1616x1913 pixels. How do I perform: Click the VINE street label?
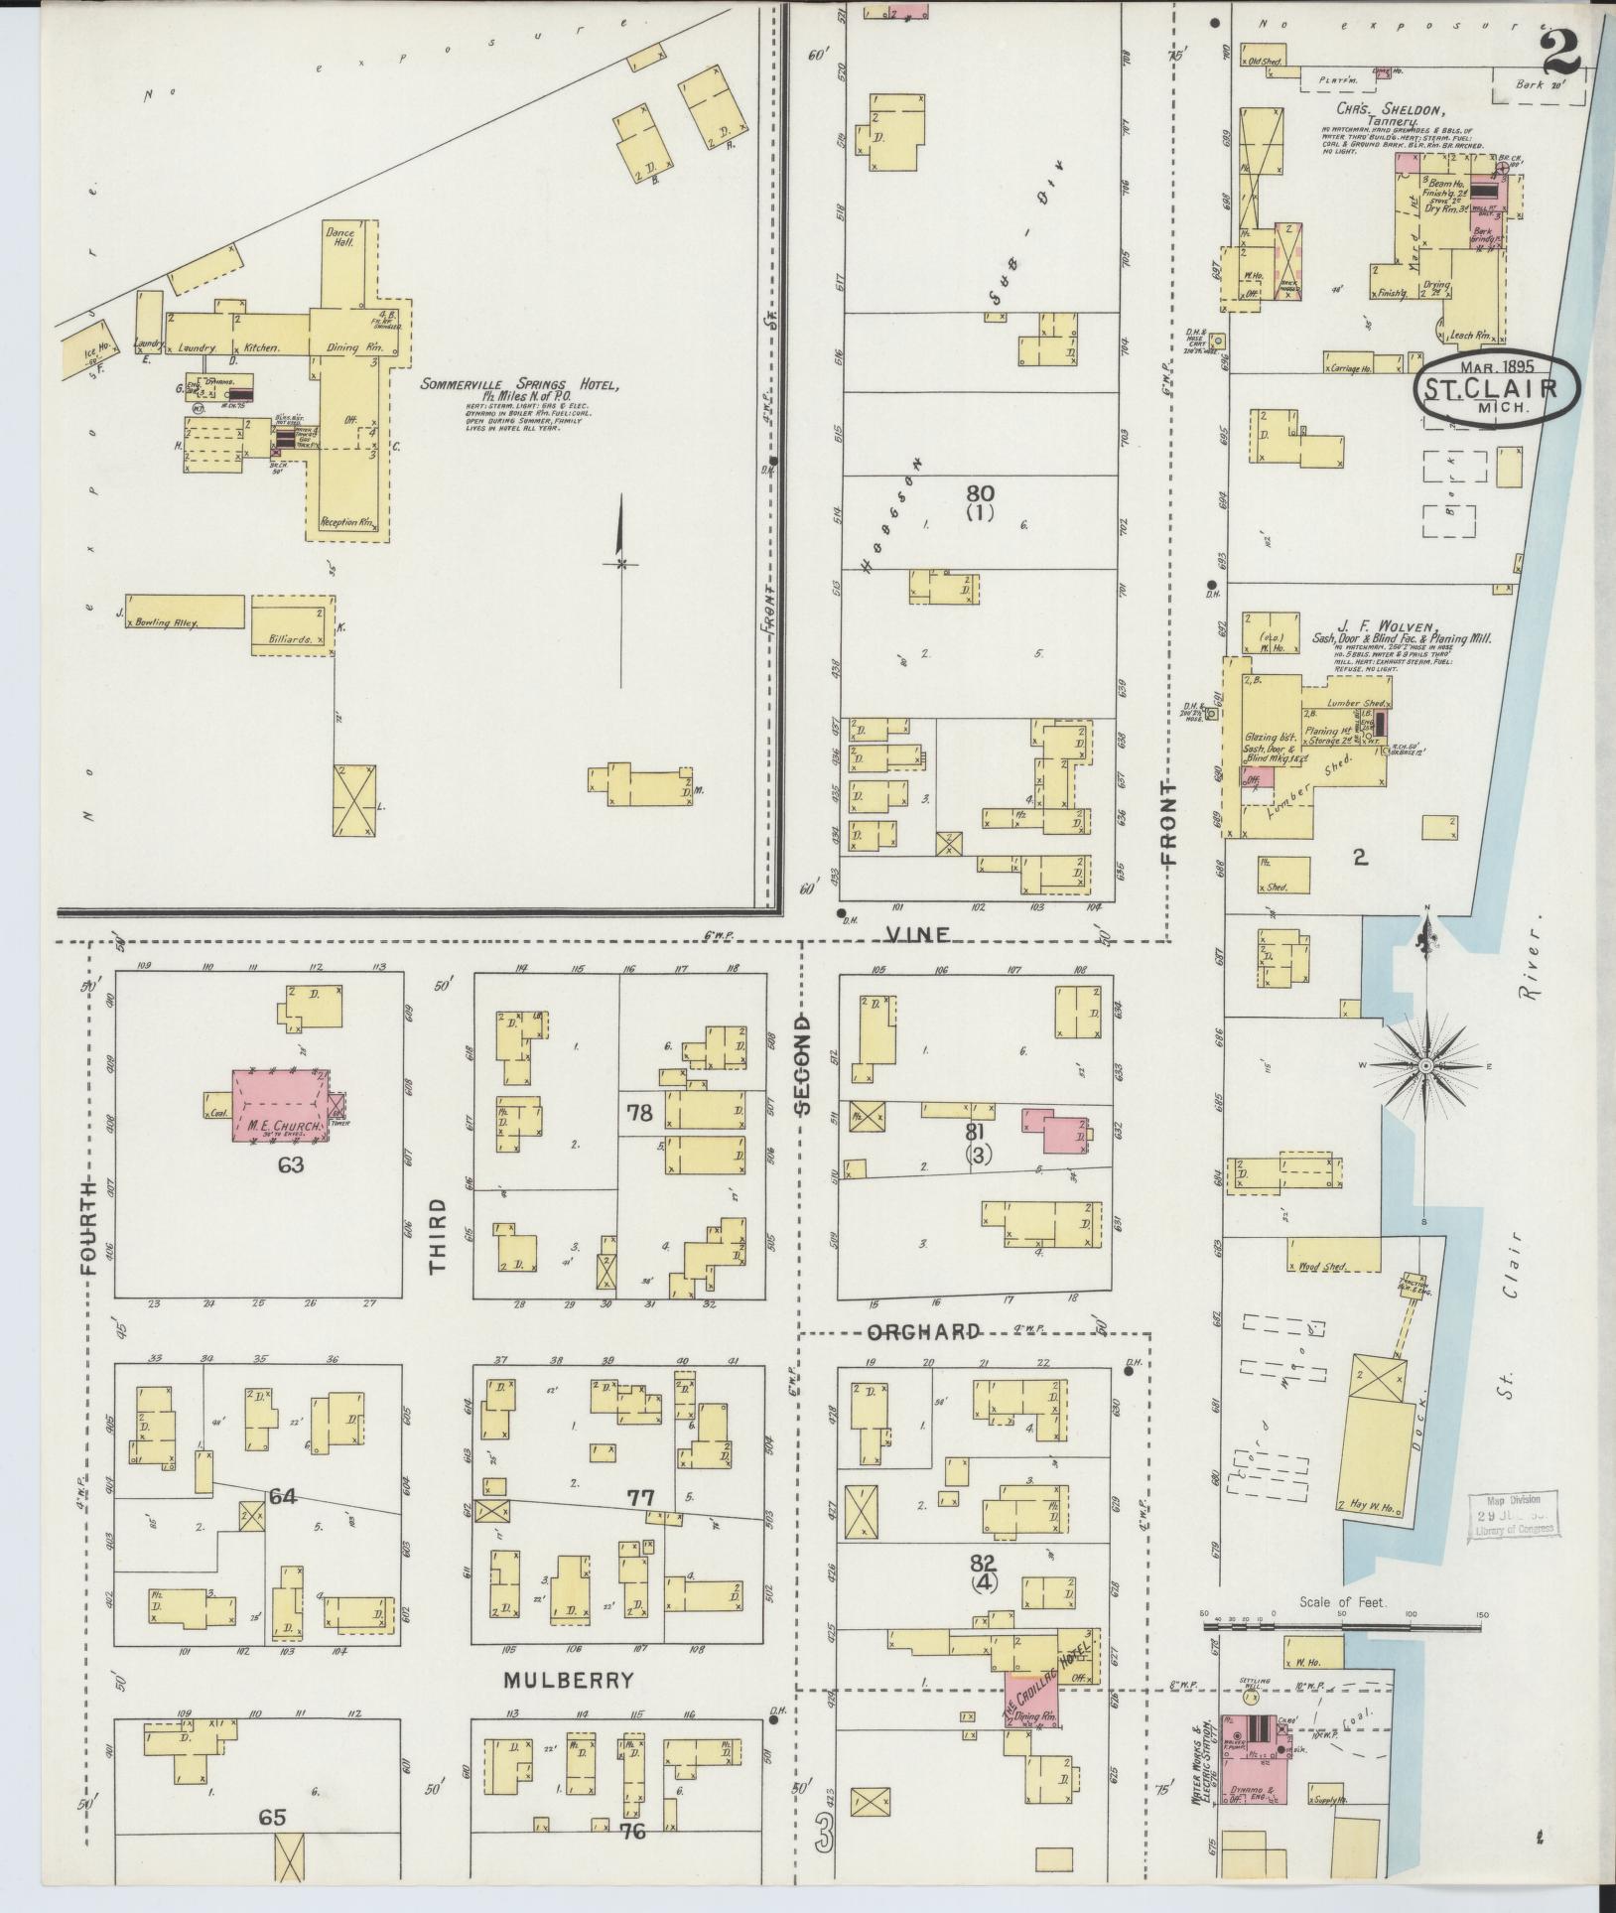tap(918, 934)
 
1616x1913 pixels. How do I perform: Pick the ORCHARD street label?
tap(923, 1332)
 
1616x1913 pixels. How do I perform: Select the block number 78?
tap(640, 1112)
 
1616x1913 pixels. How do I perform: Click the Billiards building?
tap(292, 621)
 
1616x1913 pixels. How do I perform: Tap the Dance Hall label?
tap(339, 235)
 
